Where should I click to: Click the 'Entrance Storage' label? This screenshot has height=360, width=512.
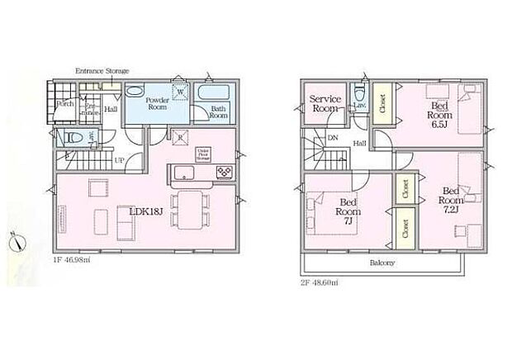pyautogui.click(x=102, y=72)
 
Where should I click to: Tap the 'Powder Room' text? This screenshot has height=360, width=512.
pyautogui.click(x=157, y=102)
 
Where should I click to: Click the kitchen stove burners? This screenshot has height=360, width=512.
pyautogui.click(x=225, y=172)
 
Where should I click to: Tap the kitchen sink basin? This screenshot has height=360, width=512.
pyautogui.click(x=183, y=173)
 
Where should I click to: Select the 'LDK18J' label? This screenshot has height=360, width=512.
pyautogui.click(x=145, y=211)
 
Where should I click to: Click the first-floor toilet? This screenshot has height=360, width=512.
pyautogui.click(x=72, y=138)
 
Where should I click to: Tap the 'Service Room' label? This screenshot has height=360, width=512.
pyautogui.click(x=325, y=103)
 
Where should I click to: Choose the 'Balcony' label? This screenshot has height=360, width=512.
pyautogui.click(x=382, y=263)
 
